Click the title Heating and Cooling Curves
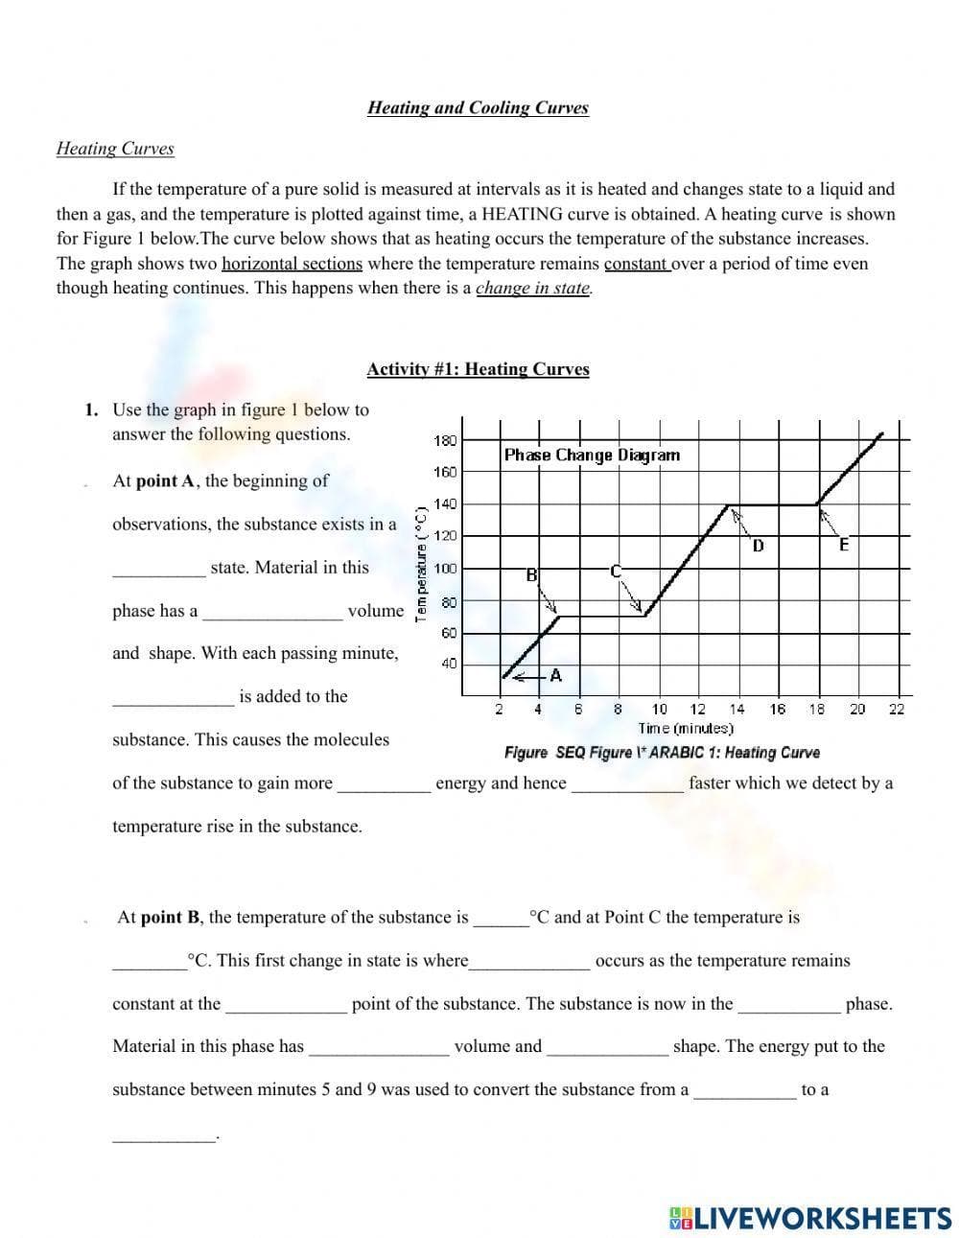(x=478, y=107)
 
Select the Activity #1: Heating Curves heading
(x=478, y=369)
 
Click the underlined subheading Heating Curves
(x=115, y=149)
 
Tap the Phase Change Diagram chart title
(x=592, y=455)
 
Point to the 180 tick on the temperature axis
(x=445, y=441)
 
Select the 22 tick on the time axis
(x=896, y=710)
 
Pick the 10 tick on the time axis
(x=660, y=710)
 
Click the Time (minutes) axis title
(x=686, y=729)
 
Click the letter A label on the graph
(x=555, y=676)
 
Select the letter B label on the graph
(x=530, y=575)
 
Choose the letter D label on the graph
(x=758, y=546)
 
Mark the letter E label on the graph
(x=844, y=546)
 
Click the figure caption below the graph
(x=662, y=753)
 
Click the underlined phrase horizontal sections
(x=292, y=264)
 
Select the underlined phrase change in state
(x=533, y=288)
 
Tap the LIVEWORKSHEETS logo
(x=809, y=1218)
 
